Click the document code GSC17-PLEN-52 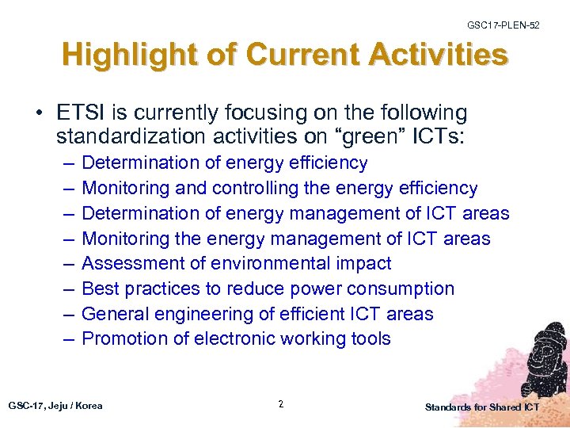pyautogui.click(x=503, y=26)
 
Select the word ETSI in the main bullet pyautogui.click(x=81, y=113)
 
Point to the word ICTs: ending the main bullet pyautogui.click(x=441, y=137)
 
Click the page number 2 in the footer pyautogui.click(x=281, y=405)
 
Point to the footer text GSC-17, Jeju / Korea pyautogui.click(x=55, y=406)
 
